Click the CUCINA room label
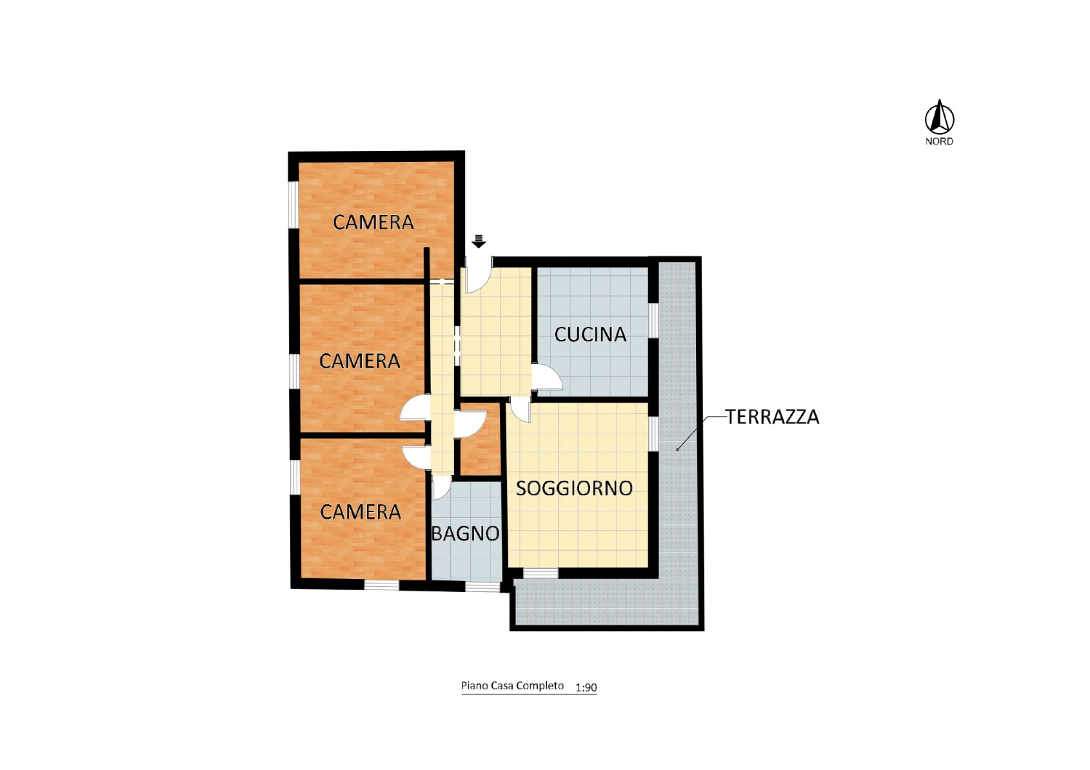tap(590, 334)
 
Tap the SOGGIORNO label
tap(574, 488)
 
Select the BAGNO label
tap(466, 534)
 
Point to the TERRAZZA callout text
tap(772, 417)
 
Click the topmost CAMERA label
tap(374, 222)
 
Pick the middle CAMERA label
tap(360, 361)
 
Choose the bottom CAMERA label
tap(360, 511)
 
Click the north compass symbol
tap(939, 117)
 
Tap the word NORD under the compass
tap(939, 142)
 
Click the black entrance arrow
tap(479, 241)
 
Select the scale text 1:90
tap(586, 687)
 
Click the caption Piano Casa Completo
tap(512, 686)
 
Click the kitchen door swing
tap(548, 378)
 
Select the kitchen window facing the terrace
tap(653, 320)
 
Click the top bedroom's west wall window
tap(293, 204)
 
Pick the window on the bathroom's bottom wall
tap(483, 587)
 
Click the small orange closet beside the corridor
tap(480, 439)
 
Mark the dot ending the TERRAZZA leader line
tap(677, 450)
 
